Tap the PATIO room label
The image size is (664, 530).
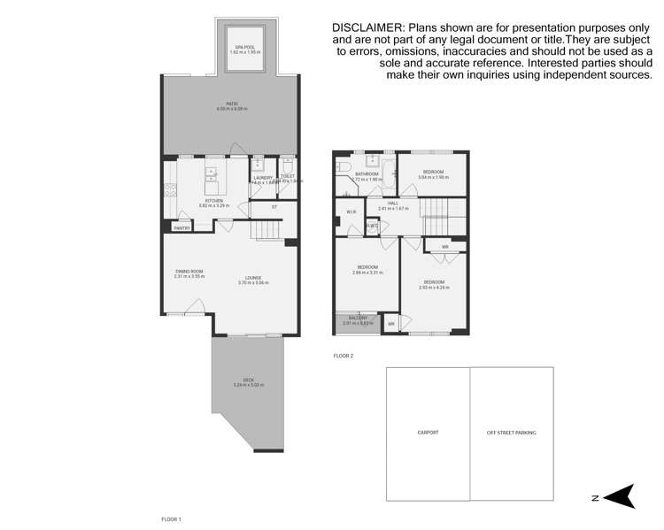coord(232,104)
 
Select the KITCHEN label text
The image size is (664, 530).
coord(214,201)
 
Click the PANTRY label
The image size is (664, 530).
coord(181,228)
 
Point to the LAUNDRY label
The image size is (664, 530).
coord(262,177)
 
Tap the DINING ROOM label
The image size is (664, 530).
coord(189,272)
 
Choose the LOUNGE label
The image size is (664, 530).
coord(253,278)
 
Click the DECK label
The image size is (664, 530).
coord(249,380)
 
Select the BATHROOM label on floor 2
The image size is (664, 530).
coord(367,173)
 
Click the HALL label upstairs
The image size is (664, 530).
coord(392,204)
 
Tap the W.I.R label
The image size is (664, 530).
coord(351,212)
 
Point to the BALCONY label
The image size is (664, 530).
coord(357,318)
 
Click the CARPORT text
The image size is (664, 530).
coord(428,433)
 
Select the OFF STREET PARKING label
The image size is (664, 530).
coord(511,433)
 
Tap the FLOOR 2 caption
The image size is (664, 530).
coord(343,356)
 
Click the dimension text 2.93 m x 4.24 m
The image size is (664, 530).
coord(434,288)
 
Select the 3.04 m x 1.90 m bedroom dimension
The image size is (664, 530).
coord(433,177)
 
